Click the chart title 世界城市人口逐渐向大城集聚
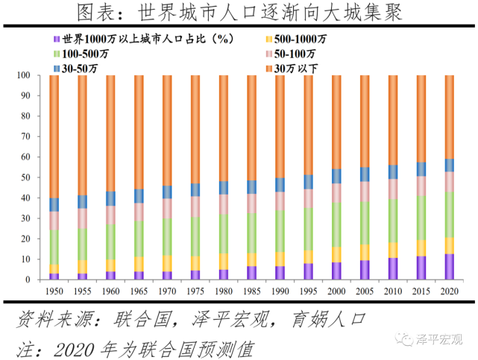[x=239, y=13]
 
